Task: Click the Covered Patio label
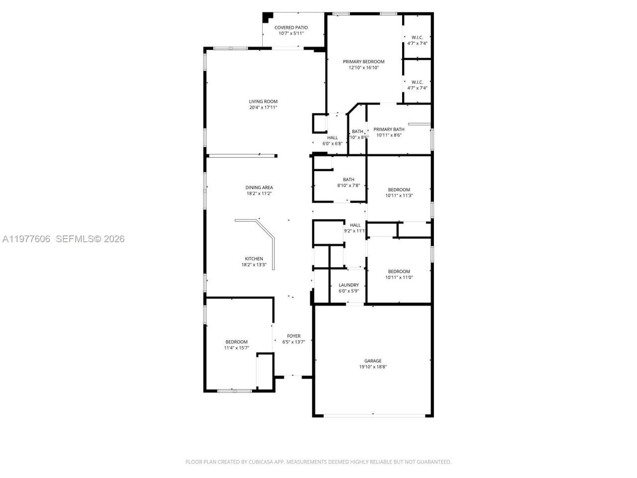pos(291,28)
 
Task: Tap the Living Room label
pos(263,102)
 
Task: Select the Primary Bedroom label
pos(363,62)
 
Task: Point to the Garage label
pos(373,361)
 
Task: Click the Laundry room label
pos(348,285)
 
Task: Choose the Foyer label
pos(293,336)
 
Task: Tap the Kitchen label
pos(254,259)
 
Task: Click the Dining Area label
pos(259,188)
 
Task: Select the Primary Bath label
pos(389,129)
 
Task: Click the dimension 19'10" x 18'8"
pos(373,367)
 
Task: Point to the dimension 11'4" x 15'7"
pos(236,348)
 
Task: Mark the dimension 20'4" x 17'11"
pos(263,108)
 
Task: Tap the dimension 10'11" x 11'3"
pos(399,196)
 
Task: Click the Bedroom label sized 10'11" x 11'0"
pos(399,272)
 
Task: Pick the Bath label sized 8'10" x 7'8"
pos(348,180)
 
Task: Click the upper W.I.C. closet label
pos(417,37)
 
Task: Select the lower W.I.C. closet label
pos(417,82)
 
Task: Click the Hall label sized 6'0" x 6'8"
pos(332,138)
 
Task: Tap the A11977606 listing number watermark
pos(26,239)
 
